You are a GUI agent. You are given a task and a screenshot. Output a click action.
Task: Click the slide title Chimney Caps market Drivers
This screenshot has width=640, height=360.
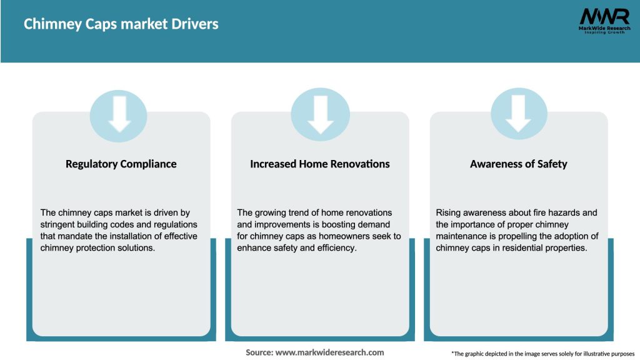click(x=121, y=24)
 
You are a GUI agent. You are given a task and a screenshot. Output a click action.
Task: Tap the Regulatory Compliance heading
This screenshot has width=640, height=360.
click(x=121, y=164)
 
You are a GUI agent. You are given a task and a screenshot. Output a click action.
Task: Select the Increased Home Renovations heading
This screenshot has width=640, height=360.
click(x=319, y=164)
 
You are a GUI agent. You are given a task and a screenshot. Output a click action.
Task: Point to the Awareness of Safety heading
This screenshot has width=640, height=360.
click(x=518, y=164)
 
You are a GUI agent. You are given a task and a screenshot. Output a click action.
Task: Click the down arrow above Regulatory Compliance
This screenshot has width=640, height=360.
click(x=120, y=115)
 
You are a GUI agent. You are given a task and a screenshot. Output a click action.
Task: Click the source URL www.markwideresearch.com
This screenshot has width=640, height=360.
click(x=330, y=352)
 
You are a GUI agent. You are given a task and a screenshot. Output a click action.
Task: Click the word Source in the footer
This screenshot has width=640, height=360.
click(x=259, y=352)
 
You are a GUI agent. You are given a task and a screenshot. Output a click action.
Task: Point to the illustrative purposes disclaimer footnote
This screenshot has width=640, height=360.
click(x=542, y=354)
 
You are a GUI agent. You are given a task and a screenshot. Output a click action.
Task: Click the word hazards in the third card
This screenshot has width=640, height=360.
click(x=546, y=212)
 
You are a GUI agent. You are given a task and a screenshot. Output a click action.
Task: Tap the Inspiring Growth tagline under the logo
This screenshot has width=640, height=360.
click(x=604, y=32)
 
